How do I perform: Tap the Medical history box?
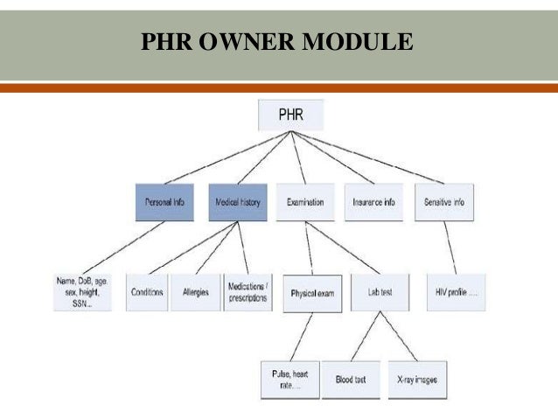[x=238, y=202]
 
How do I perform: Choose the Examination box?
[x=305, y=202]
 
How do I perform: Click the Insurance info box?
[x=373, y=202]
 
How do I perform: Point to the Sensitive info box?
[x=444, y=202]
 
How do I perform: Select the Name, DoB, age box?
[x=82, y=292]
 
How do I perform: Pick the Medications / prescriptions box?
[x=249, y=292]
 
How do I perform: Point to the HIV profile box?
[x=457, y=292]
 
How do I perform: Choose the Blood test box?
[x=349, y=379]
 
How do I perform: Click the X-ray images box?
[x=414, y=379]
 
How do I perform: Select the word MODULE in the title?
[x=356, y=41]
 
